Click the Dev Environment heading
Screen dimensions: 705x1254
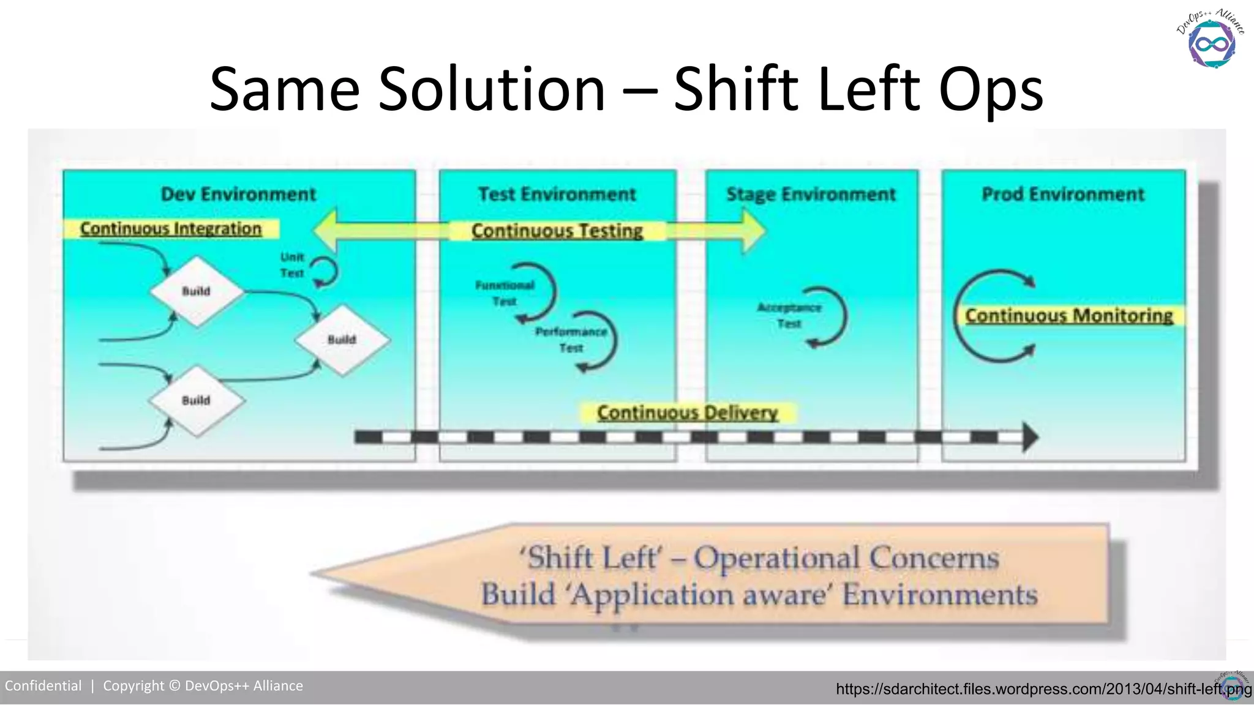click(x=238, y=195)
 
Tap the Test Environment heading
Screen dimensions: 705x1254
click(x=557, y=195)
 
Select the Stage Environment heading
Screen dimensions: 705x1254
click(x=811, y=195)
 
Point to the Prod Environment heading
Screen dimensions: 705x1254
click(x=1063, y=195)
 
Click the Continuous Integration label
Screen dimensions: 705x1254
click(x=171, y=229)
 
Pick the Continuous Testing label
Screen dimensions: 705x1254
click(x=557, y=231)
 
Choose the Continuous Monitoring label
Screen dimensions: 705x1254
click(x=1069, y=316)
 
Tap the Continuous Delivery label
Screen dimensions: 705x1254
click(x=688, y=412)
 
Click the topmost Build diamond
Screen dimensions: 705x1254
click(x=197, y=291)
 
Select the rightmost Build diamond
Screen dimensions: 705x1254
click(x=342, y=340)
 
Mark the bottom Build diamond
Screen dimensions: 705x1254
click(x=197, y=401)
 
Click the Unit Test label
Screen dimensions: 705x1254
click(x=292, y=265)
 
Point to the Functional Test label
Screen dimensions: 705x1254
click(x=505, y=293)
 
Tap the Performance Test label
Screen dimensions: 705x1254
click(x=571, y=340)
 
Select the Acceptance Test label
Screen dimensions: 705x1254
click(x=789, y=315)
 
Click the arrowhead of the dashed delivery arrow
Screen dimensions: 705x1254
click(x=1030, y=437)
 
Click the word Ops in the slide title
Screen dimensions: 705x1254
click(x=991, y=89)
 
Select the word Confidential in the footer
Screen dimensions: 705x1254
click(x=43, y=686)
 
